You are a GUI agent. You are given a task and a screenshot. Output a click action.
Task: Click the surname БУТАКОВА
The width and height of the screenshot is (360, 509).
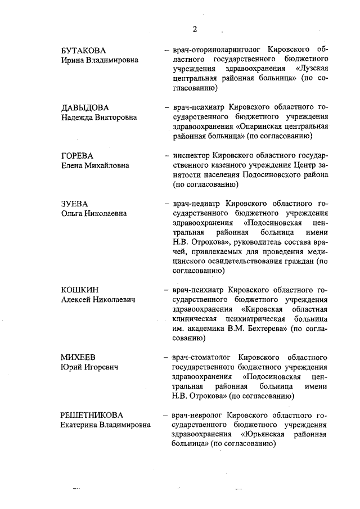coord(83,51)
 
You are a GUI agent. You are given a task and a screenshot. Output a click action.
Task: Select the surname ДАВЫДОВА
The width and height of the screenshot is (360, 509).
coord(85,107)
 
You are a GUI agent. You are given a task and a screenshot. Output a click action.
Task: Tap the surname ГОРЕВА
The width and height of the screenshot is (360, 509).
coord(76,155)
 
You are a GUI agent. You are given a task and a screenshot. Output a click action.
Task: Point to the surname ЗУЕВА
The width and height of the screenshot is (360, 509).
coord(74,203)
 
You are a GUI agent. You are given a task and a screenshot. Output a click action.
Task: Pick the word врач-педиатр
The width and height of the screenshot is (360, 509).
coord(193,203)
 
